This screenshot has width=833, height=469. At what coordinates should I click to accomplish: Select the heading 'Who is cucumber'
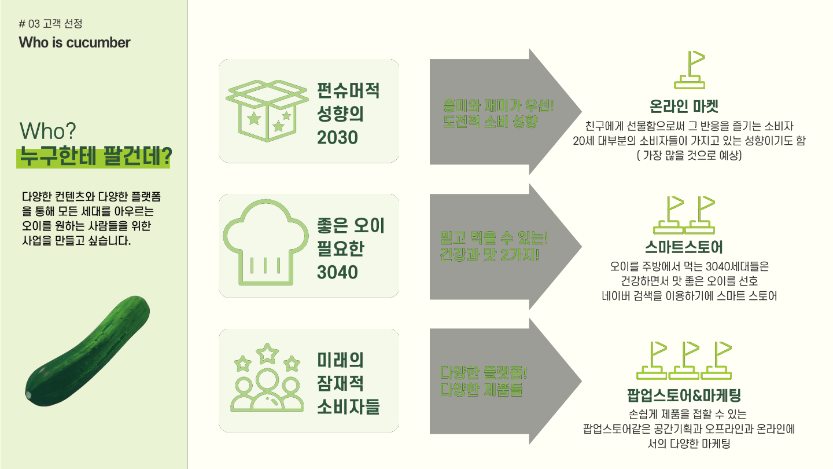pos(75,43)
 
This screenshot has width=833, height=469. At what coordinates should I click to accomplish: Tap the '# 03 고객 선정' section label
pos(51,24)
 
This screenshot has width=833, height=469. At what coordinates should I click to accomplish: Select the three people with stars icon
pos(267,377)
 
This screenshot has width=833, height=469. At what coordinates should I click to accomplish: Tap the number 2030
pos(337,138)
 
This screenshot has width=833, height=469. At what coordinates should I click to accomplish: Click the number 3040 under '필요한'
pos(337,272)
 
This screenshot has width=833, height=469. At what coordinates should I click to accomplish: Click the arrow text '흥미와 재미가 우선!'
pos(497,107)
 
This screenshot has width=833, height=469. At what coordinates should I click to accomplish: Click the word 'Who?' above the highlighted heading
pos(48,131)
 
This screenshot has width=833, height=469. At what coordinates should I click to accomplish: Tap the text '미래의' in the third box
pos(340,360)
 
